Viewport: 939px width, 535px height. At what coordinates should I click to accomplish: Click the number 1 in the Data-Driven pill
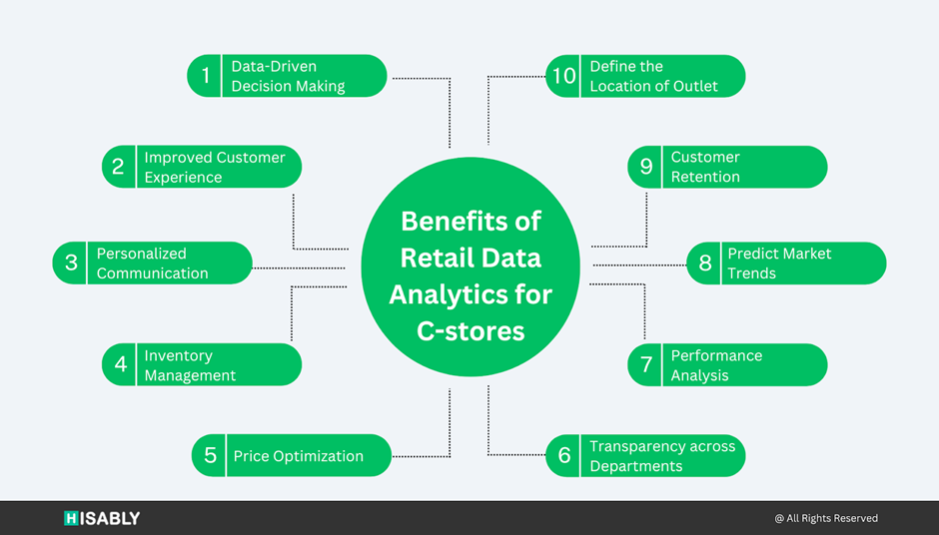click(x=206, y=76)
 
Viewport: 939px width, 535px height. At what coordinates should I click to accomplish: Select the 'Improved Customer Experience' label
click(x=214, y=167)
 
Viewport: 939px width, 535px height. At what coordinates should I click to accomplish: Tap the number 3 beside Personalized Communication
click(x=71, y=263)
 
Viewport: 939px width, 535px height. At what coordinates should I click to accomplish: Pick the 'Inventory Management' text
click(x=190, y=365)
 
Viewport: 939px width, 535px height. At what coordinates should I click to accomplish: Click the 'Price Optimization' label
click(x=298, y=456)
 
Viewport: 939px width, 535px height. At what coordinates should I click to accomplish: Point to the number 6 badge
click(x=564, y=456)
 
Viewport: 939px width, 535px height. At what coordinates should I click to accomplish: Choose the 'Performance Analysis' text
click(x=716, y=365)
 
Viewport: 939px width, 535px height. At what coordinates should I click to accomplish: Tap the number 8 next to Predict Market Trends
click(x=705, y=263)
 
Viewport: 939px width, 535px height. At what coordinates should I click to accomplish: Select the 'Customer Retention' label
click(x=705, y=167)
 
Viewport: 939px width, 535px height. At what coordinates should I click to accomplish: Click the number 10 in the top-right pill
click(x=564, y=76)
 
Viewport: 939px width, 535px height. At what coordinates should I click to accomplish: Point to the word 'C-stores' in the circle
click(x=470, y=331)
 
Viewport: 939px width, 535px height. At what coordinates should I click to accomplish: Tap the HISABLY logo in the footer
click(x=102, y=518)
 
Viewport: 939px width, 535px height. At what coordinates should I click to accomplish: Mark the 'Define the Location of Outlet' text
click(x=653, y=76)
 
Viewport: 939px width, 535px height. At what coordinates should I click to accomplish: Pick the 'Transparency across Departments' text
click(x=661, y=456)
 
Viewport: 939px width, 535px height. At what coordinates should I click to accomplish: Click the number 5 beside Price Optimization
click(x=211, y=456)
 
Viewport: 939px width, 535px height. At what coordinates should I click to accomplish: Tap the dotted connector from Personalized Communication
click(x=300, y=267)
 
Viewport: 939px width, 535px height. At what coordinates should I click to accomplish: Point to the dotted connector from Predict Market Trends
click(x=639, y=265)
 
